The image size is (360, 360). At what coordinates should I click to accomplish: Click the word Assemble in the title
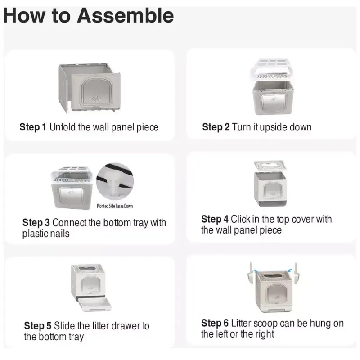(126, 16)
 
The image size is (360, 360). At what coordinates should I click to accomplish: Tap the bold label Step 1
(33, 127)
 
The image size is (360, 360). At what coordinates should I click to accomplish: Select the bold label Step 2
(216, 127)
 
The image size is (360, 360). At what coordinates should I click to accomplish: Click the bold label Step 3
(36, 222)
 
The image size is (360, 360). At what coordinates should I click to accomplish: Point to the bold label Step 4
(215, 219)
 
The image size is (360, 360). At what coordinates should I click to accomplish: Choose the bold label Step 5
(38, 325)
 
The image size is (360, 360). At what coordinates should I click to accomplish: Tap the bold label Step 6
(215, 323)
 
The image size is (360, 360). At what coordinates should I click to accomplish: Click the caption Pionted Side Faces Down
(115, 206)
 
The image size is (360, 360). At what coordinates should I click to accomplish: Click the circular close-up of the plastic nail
(115, 181)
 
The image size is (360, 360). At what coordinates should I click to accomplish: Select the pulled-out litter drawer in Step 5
(94, 305)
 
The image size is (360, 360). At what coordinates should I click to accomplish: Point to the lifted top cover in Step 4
(270, 165)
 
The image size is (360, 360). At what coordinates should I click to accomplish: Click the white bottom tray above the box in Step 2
(272, 69)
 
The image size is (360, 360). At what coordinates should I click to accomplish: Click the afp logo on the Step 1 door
(96, 98)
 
